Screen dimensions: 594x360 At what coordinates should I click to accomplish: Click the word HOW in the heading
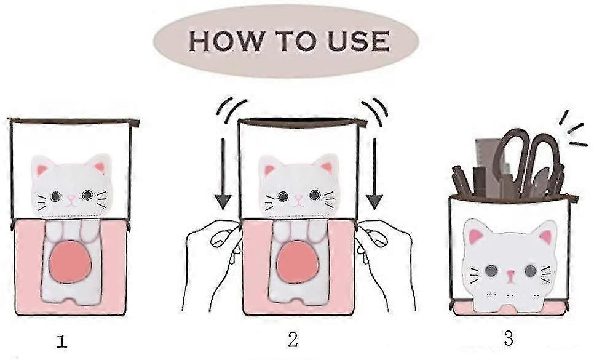click(x=226, y=41)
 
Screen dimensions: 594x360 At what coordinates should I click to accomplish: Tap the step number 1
click(x=61, y=342)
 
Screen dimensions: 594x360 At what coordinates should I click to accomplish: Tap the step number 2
click(x=293, y=340)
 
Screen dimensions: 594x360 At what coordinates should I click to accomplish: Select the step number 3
click(x=509, y=338)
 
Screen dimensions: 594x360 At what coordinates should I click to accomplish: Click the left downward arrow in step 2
click(x=223, y=174)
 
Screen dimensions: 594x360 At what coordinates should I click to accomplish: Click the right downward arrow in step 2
click(x=374, y=174)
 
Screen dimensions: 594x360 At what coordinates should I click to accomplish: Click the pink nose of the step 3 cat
click(x=510, y=274)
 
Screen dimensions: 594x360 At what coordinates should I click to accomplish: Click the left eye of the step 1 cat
click(x=55, y=196)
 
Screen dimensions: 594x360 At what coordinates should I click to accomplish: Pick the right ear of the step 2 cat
click(x=326, y=165)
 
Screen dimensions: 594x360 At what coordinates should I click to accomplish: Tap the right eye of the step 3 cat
click(x=530, y=271)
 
